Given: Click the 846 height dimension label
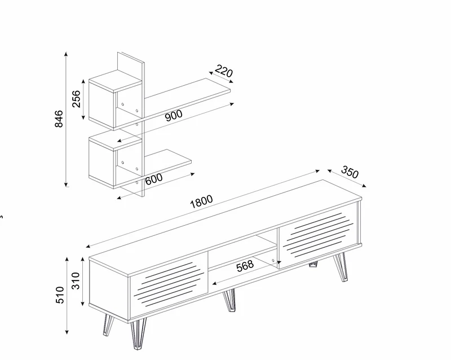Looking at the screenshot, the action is [59, 118].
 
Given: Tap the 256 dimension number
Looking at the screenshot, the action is [76, 99].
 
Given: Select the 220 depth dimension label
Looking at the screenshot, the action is [224, 71].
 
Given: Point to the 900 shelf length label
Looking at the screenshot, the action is [174, 115].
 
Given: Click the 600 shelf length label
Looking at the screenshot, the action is [154, 179].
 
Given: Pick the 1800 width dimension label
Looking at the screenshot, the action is [201, 201].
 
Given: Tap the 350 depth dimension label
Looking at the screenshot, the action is [350, 172].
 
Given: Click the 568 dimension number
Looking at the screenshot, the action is [245, 266].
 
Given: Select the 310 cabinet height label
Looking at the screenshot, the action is [76, 281].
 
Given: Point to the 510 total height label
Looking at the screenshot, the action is [60, 295].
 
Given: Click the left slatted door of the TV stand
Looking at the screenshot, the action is [169, 284].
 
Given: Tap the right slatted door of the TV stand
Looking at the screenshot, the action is [318, 235].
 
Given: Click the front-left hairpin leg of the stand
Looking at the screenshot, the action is [138, 333].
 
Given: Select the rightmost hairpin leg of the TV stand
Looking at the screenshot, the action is [341, 267].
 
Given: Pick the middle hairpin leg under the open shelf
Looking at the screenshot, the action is [229, 300].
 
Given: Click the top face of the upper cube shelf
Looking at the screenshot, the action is [116, 81].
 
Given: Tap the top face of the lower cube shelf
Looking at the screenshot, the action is [116, 140].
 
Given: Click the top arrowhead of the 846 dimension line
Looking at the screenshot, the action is [66, 54].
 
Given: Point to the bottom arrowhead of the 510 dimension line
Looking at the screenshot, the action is [67, 332].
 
